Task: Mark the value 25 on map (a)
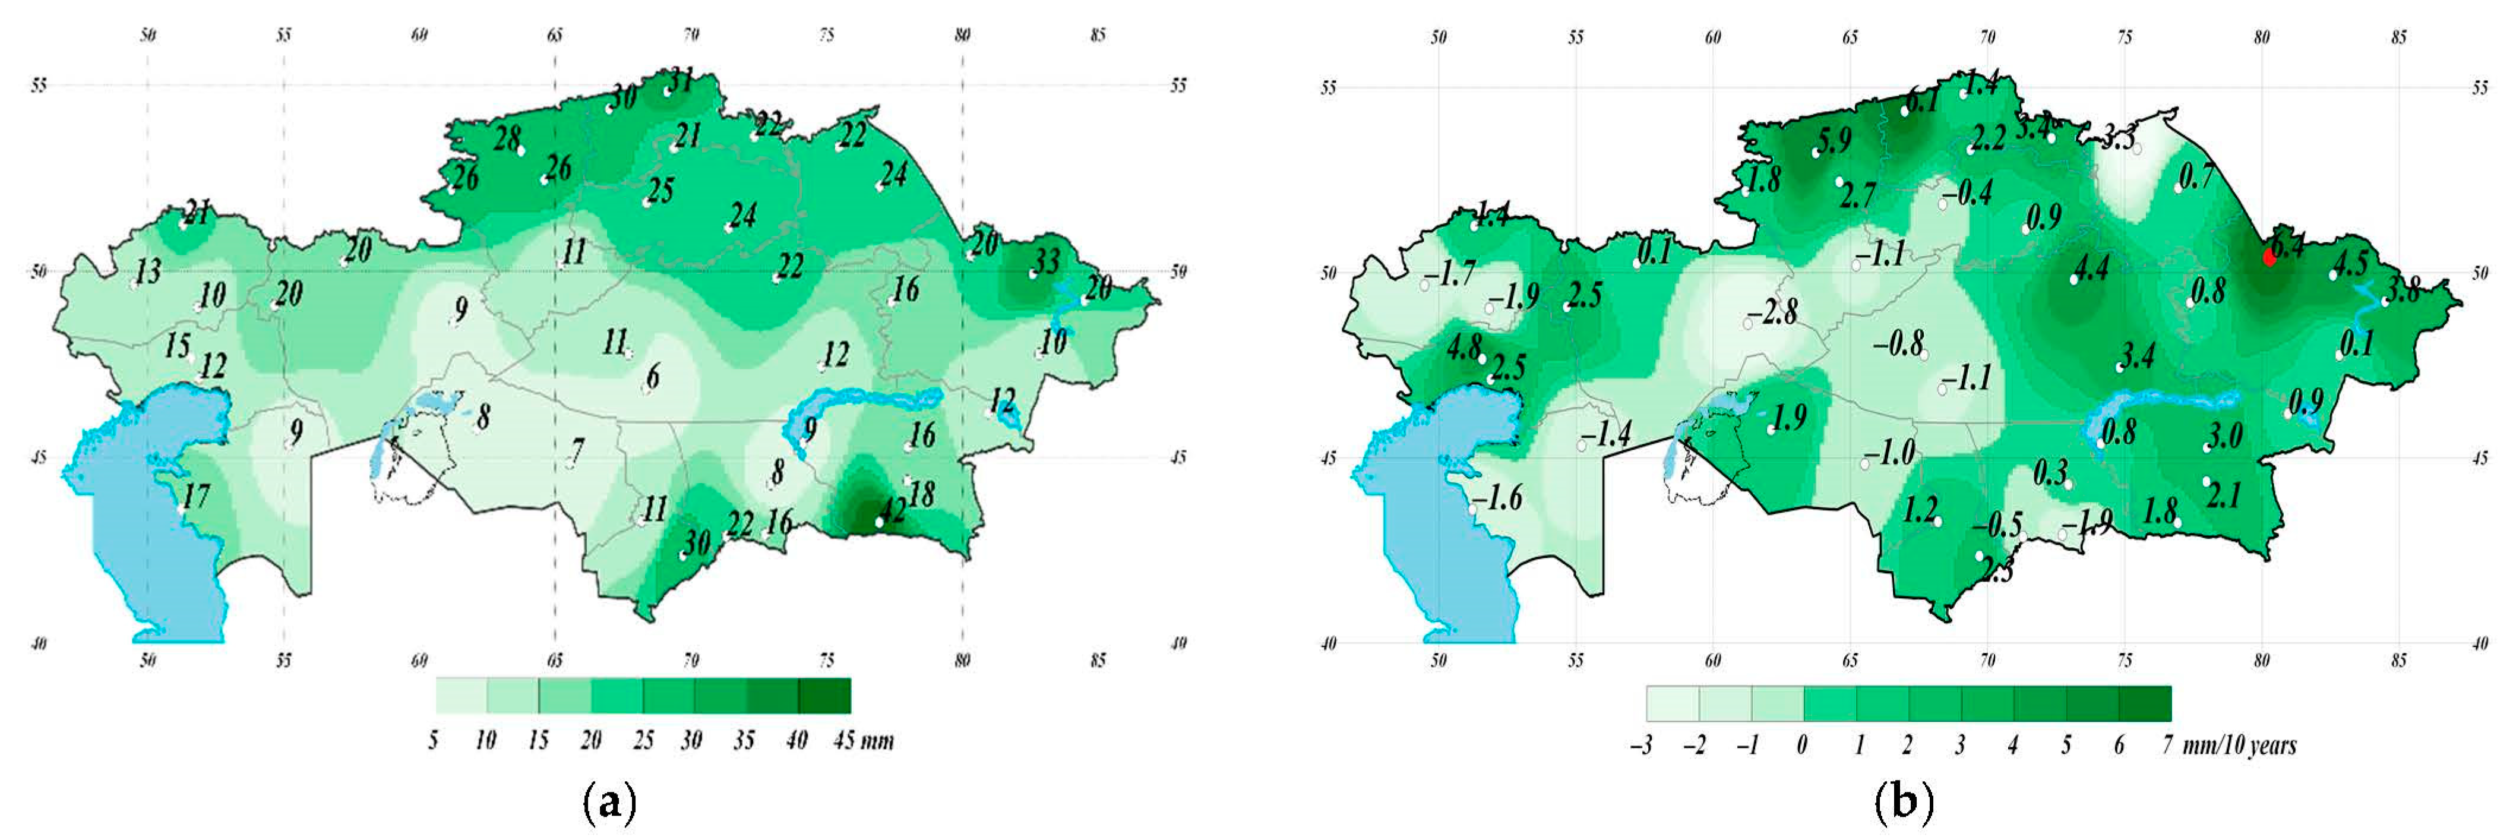tap(660, 190)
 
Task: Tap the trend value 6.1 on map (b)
tap(1922, 100)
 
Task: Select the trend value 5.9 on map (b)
tap(1834, 140)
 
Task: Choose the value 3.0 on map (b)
tap(2224, 435)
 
